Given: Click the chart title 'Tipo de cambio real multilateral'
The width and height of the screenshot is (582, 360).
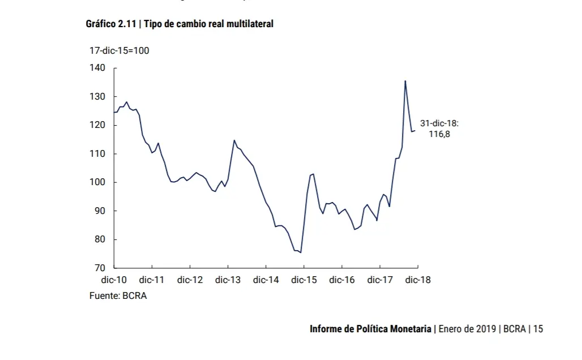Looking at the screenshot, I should pyautogui.click(x=208, y=24).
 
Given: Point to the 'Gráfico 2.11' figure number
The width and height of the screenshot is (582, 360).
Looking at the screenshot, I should pyautogui.click(x=110, y=24).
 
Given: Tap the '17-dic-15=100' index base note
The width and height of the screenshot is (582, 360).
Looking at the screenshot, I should pyautogui.click(x=119, y=51).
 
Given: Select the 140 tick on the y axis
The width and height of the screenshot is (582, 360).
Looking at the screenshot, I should pyautogui.click(x=97, y=68).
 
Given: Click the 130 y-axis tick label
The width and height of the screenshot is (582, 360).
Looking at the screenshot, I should pyautogui.click(x=97, y=97).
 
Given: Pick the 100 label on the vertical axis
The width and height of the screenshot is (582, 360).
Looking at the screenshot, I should pyautogui.click(x=97, y=182).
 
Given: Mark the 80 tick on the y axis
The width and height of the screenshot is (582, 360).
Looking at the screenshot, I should pyautogui.click(x=100, y=239).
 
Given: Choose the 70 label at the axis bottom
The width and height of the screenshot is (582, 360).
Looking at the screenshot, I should pyautogui.click(x=100, y=268).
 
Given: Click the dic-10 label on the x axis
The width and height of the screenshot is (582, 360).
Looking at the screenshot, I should pyautogui.click(x=114, y=280).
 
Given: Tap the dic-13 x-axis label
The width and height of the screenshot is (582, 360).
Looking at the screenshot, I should pyautogui.click(x=228, y=280).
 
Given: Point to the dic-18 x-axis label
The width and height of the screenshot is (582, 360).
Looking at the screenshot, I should pyautogui.click(x=418, y=280).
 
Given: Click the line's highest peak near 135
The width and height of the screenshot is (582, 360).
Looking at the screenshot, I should pyautogui.click(x=405, y=81).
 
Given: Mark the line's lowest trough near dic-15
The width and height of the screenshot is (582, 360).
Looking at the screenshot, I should pyautogui.click(x=300, y=252).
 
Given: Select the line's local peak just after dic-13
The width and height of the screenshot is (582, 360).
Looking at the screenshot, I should pyautogui.click(x=234, y=140).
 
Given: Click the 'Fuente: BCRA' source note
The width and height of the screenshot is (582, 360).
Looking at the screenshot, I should pyautogui.click(x=118, y=295).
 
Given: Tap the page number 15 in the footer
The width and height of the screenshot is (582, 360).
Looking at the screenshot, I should pyautogui.click(x=538, y=329).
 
